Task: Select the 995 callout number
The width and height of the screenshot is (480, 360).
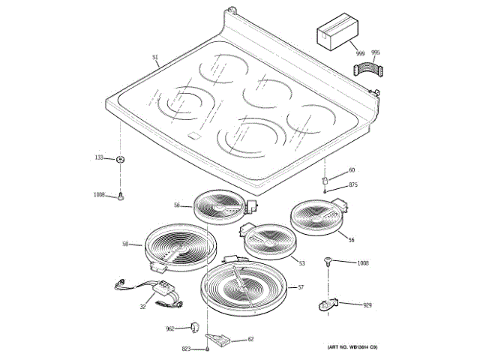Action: tap(376, 52)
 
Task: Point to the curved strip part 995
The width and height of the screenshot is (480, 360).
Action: tap(367, 70)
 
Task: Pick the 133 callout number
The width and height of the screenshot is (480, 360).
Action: tap(98, 157)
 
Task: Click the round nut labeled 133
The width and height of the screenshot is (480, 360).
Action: tap(120, 159)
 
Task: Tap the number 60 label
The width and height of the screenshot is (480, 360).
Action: tap(352, 170)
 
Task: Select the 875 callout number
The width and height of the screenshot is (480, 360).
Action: tap(352, 184)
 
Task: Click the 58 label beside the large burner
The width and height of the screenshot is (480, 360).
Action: tap(126, 244)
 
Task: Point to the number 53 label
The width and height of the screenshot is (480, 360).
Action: tap(301, 263)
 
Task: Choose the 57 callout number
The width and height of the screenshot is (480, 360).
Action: tap(301, 287)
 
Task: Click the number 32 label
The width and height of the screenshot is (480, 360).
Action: tap(142, 307)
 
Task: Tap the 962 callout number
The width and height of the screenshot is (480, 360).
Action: tap(170, 328)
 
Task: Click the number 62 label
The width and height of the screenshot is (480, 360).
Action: tap(250, 339)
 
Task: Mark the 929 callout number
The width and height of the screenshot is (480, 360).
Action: tap(367, 305)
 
